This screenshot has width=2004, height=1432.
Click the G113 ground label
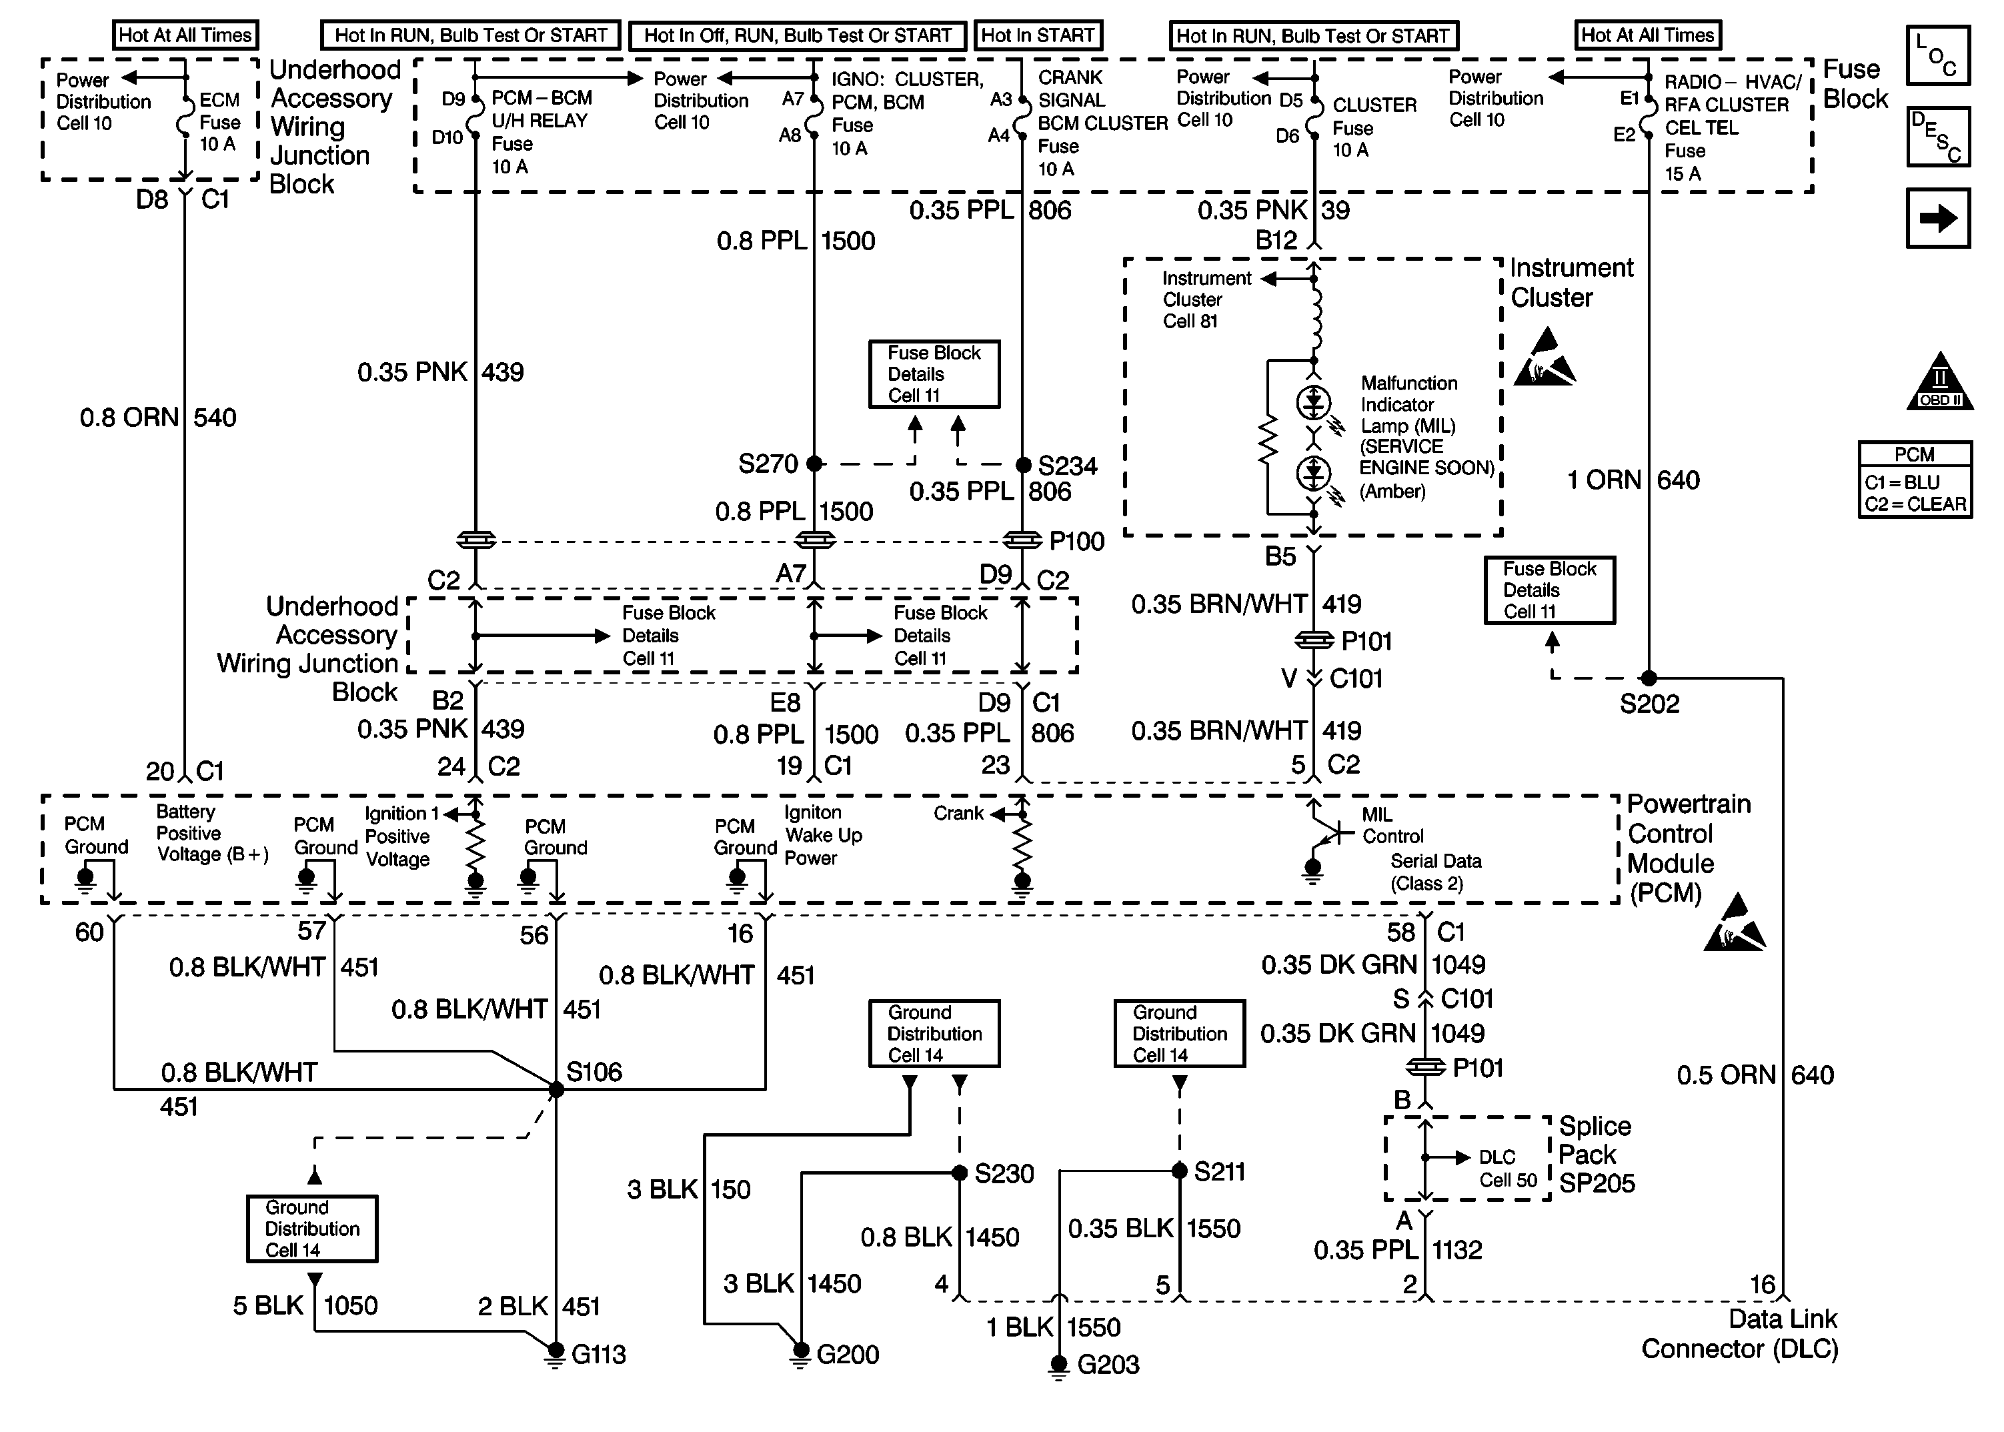598,1355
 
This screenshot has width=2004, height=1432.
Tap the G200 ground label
847,1355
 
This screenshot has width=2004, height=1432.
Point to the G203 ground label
1108,1365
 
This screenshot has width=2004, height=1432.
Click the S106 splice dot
556,1090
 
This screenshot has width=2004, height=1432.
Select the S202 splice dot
1649,678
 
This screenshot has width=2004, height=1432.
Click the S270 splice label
767,464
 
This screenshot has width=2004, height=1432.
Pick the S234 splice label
1068,466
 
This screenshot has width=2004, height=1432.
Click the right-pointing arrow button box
1938,218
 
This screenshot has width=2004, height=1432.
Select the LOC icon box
1938,55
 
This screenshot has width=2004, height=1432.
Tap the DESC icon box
1938,137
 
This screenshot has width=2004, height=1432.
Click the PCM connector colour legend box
1915,480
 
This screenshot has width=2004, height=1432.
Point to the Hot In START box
1038,35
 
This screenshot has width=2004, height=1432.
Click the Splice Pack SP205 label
1596,1155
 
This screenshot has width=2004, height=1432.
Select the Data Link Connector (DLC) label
1739,1334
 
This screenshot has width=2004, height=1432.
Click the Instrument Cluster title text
1571,282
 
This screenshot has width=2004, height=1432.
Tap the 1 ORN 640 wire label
1632,481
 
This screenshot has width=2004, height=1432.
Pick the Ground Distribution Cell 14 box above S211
1180,1033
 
